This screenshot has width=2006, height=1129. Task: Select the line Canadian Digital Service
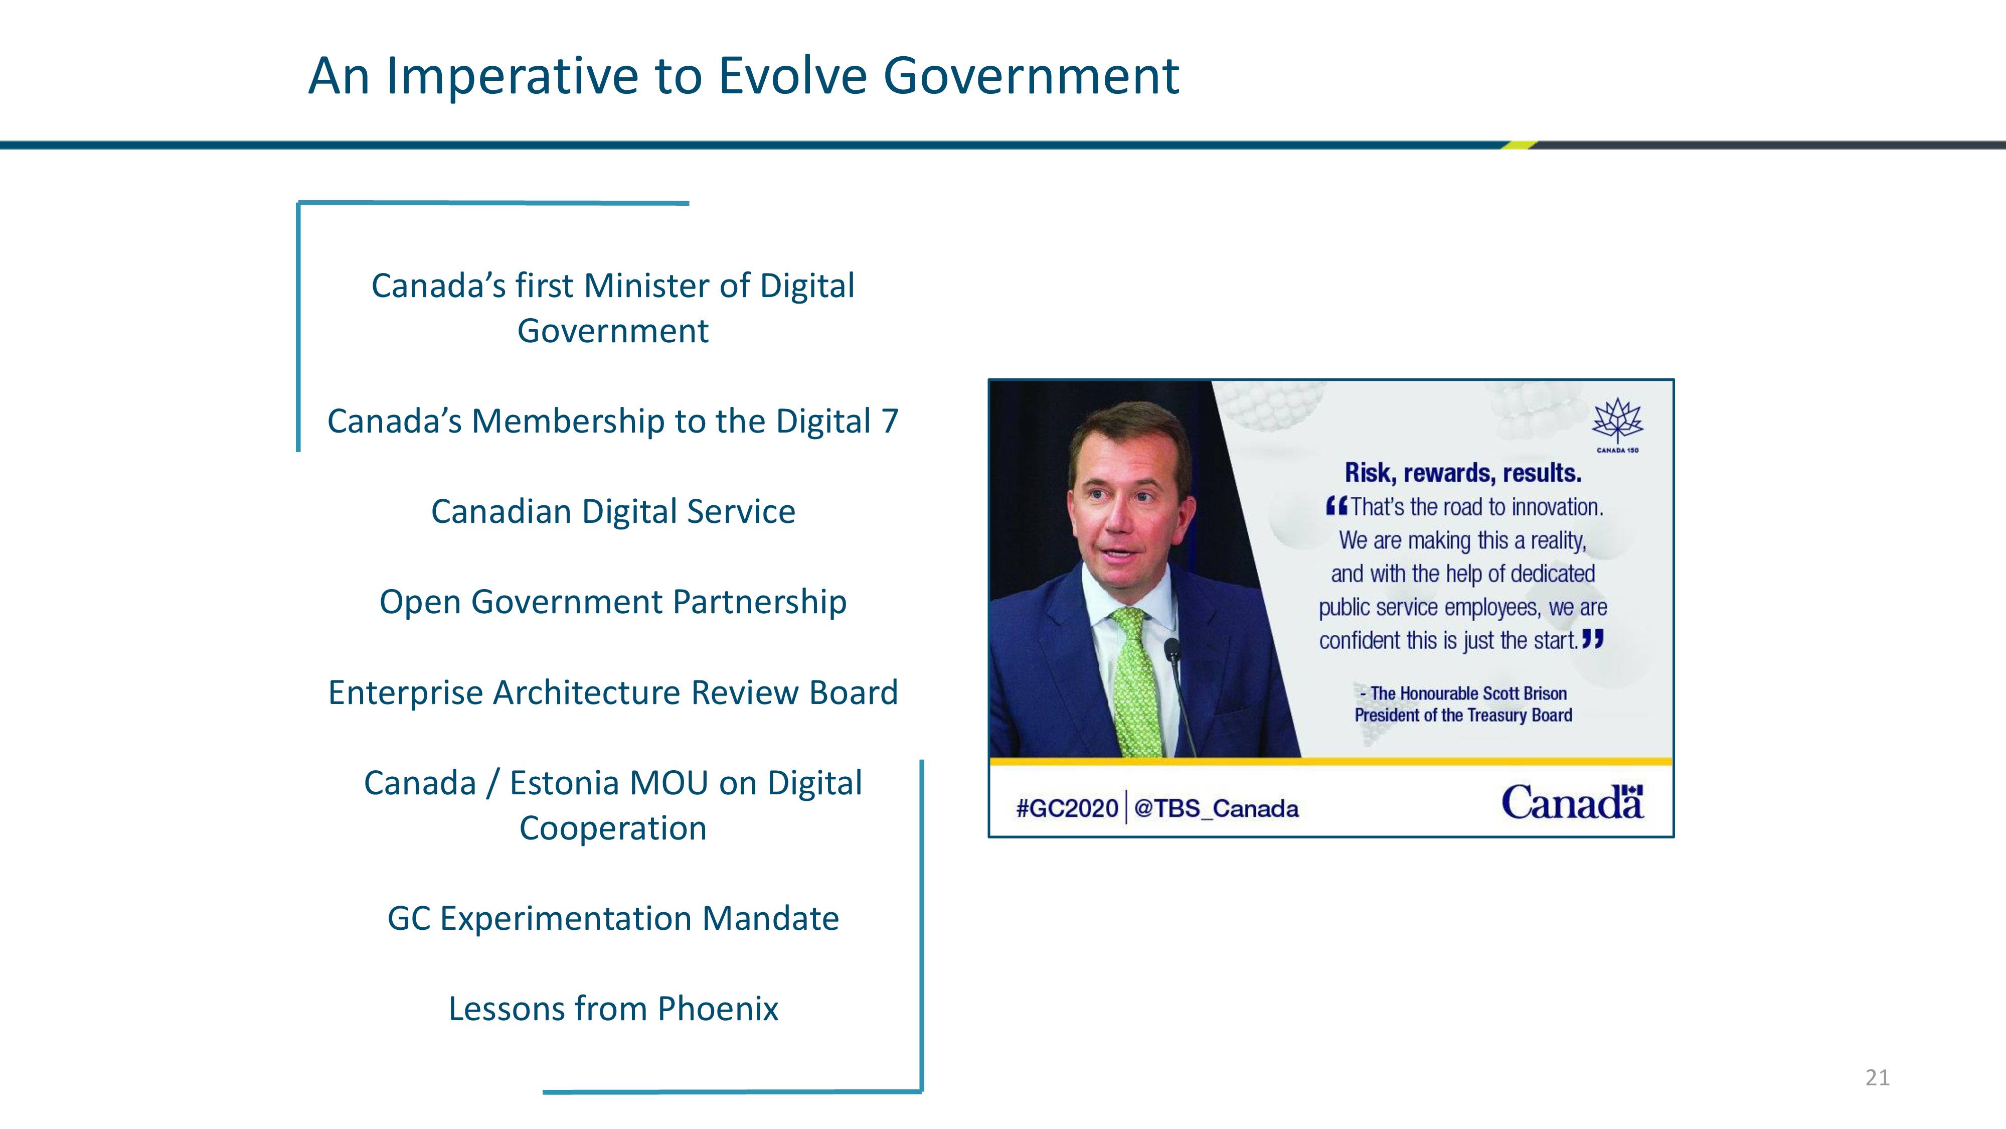613,512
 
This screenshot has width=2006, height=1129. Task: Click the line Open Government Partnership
613,602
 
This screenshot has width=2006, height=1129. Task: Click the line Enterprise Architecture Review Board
613,692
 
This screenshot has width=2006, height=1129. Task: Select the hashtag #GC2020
1067,808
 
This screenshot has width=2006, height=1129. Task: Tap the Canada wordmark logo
1572,802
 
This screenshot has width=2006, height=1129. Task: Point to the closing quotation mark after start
1593,640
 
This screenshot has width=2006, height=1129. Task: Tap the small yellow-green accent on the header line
1520,145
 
